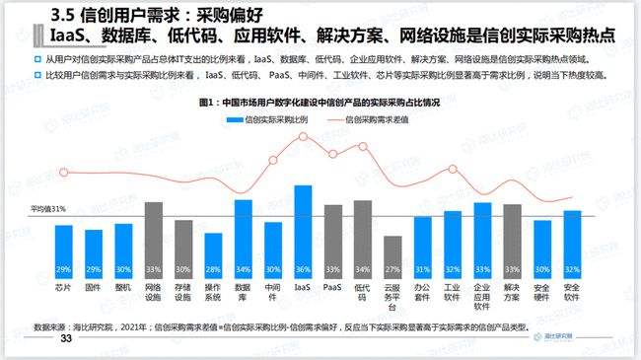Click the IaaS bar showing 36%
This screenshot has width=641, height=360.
point(303,231)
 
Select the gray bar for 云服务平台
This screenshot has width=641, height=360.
point(392,255)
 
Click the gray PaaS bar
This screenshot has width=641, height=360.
point(333,241)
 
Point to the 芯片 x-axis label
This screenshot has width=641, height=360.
point(64,287)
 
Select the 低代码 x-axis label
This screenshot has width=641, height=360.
point(363,292)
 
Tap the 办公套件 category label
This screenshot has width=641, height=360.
point(423,292)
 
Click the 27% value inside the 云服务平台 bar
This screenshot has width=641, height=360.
point(392,269)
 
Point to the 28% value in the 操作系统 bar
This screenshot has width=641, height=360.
point(213,269)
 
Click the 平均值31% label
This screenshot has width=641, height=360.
point(46,209)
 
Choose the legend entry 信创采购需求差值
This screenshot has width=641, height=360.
point(387,119)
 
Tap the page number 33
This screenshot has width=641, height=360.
point(67,339)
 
